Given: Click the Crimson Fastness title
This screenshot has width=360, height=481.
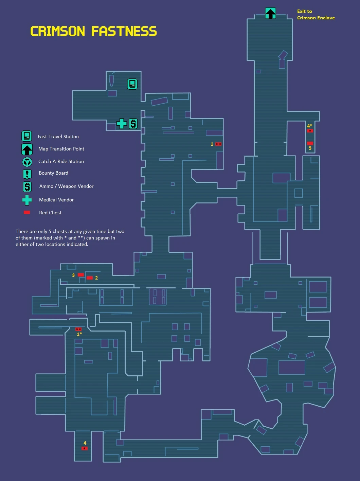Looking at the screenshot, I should [93, 32].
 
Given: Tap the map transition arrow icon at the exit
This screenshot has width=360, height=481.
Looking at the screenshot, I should [270, 13].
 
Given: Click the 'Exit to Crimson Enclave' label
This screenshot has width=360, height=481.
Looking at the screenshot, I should [316, 15].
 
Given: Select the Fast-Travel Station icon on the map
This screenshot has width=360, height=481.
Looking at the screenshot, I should [132, 84].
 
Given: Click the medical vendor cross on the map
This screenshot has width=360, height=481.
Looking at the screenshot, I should [122, 124].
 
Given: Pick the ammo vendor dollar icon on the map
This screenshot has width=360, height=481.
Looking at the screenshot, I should [133, 124].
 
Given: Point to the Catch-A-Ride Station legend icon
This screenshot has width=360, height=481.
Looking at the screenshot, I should [27, 162].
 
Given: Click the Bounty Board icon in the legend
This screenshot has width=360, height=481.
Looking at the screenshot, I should [27, 174].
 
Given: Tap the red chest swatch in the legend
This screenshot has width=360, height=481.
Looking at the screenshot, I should [27, 213].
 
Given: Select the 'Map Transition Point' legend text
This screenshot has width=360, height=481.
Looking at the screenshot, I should [61, 149].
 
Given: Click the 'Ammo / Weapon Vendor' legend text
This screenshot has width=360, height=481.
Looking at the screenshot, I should [66, 186].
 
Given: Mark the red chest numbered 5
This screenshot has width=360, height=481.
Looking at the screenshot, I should [310, 143].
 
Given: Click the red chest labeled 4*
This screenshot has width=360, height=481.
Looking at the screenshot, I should [310, 131].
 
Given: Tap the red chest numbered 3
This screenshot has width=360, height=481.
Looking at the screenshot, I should [81, 275].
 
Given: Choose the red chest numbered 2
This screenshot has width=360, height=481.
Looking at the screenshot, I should [89, 278].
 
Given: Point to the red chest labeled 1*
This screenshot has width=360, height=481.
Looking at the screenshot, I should [78, 329].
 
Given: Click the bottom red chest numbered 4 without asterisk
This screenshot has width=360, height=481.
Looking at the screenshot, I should [85, 448].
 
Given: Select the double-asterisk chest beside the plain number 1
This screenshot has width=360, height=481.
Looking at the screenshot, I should [218, 144].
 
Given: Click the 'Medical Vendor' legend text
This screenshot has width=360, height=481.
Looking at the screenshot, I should [56, 200].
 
